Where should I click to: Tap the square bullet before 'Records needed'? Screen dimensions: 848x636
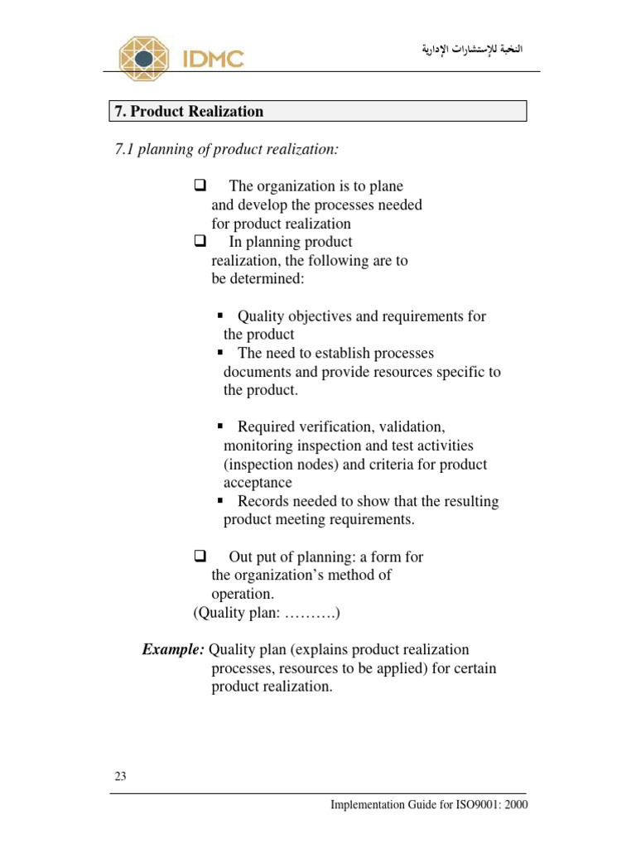pyautogui.click(x=221, y=502)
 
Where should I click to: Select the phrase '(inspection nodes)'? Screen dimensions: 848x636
pyautogui.click(x=282, y=465)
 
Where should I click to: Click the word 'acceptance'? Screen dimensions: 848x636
pyautogui.click(x=258, y=483)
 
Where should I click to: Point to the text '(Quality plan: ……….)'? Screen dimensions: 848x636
pyautogui.click(x=267, y=614)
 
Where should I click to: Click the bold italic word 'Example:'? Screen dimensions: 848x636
pyautogui.click(x=173, y=650)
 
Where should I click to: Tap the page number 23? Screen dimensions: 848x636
pyautogui.click(x=120, y=777)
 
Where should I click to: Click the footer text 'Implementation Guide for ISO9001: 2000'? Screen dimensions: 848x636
pyautogui.click(x=428, y=804)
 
